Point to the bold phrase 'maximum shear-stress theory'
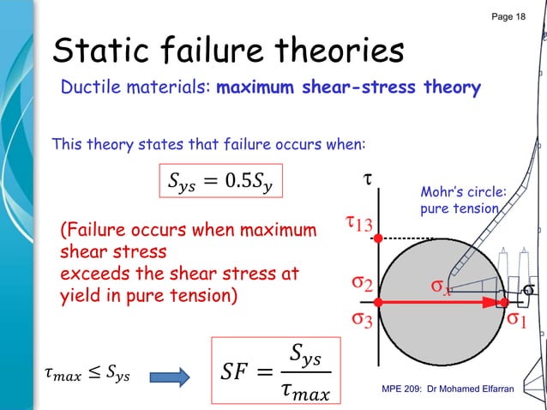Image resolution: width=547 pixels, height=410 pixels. (348, 87)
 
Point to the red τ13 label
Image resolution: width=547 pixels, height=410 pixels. (358, 225)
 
